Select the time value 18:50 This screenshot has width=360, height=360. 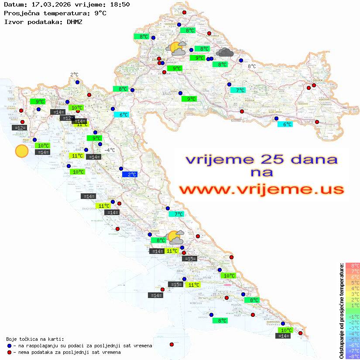pyautogui.click(x=118, y=4)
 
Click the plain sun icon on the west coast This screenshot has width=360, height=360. pyautogui.click(x=21, y=151)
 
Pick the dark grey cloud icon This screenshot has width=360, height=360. pyautogui.click(x=224, y=53)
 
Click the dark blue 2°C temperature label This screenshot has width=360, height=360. pyautogui.click(x=130, y=175)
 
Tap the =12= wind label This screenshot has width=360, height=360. pyautogui.click(x=19, y=128)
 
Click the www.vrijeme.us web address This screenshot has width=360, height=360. pyautogui.click(x=261, y=190)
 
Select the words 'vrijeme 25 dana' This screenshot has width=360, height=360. pyautogui.click(x=261, y=159)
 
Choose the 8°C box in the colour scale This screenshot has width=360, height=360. pyautogui.click(x=353, y=266)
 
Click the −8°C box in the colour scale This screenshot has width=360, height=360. pyautogui.click(x=353, y=357)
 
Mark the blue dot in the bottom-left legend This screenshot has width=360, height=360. pyautogui.click(x=9, y=346)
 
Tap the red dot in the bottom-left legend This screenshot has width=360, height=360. pyautogui.click(x=9, y=352)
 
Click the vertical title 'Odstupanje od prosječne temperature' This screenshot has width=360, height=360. pyautogui.click(x=342, y=311)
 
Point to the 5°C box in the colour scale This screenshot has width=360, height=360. pyautogui.click(x=353, y=283)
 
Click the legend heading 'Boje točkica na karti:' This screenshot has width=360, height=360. pyautogui.click(x=35, y=339)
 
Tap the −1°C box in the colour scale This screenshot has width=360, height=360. pyautogui.click(x=353, y=317)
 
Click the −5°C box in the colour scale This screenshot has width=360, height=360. pyautogui.click(x=353, y=339)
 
